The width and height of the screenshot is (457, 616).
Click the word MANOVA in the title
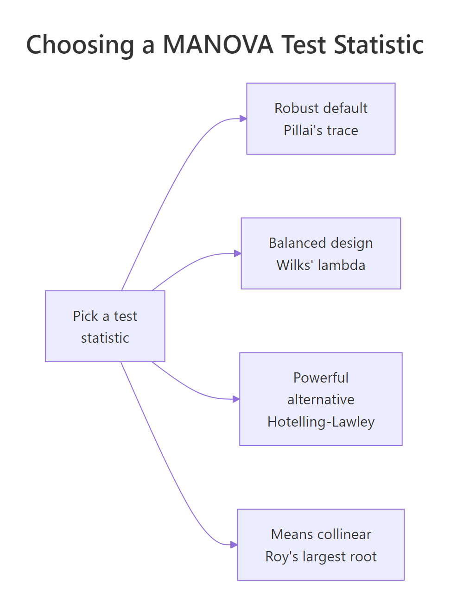[x=218, y=45]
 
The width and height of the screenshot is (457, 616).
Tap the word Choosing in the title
[x=80, y=45]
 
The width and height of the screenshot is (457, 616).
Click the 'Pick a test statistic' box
[x=105, y=326]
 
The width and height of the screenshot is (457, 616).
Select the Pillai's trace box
[x=321, y=119]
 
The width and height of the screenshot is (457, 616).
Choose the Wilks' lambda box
[x=321, y=253]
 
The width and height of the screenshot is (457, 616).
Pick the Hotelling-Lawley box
[x=321, y=399]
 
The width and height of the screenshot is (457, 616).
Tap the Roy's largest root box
[x=321, y=545]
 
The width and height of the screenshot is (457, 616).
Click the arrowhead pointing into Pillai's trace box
[x=243, y=119]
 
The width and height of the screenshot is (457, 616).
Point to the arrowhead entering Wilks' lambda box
[x=237, y=253]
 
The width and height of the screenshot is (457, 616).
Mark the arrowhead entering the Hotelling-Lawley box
[x=236, y=399]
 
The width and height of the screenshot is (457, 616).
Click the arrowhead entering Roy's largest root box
[x=234, y=545]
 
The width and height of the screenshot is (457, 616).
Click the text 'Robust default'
[x=321, y=108]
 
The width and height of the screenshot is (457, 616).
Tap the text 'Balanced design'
[x=321, y=243]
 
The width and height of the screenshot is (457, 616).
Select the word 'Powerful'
[x=321, y=377]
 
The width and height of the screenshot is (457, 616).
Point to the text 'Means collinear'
[x=321, y=534]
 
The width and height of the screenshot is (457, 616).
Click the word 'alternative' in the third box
[x=321, y=399]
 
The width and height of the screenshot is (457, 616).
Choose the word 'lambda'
[x=342, y=265]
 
